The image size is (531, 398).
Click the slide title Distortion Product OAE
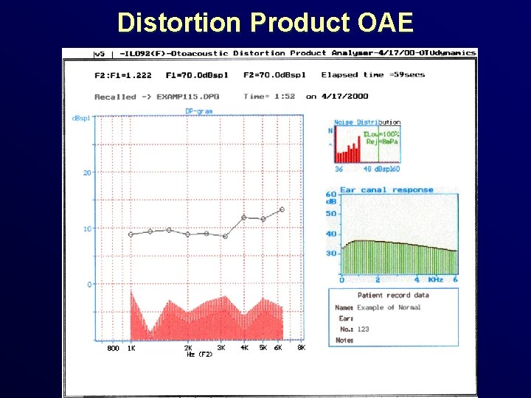(265, 23)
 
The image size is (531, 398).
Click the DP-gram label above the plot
(198, 111)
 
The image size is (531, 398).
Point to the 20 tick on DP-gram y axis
(86, 172)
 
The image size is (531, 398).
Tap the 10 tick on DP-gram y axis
(86, 228)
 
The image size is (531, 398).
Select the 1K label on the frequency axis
(131, 347)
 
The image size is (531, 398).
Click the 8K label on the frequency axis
(300, 347)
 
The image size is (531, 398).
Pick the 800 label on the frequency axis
(113, 347)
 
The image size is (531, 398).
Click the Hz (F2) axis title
(199, 355)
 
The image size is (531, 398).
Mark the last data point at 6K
(282, 210)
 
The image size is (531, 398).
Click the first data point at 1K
(131, 234)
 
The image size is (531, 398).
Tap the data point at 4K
(244, 217)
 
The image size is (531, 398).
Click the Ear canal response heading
(386, 189)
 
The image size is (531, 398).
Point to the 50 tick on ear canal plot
(331, 214)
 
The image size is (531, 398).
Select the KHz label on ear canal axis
(435, 280)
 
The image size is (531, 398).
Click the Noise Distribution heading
(367, 122)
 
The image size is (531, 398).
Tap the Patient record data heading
(393, 296)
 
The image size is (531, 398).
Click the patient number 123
(363, 329)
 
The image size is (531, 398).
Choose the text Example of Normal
(389, 307)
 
